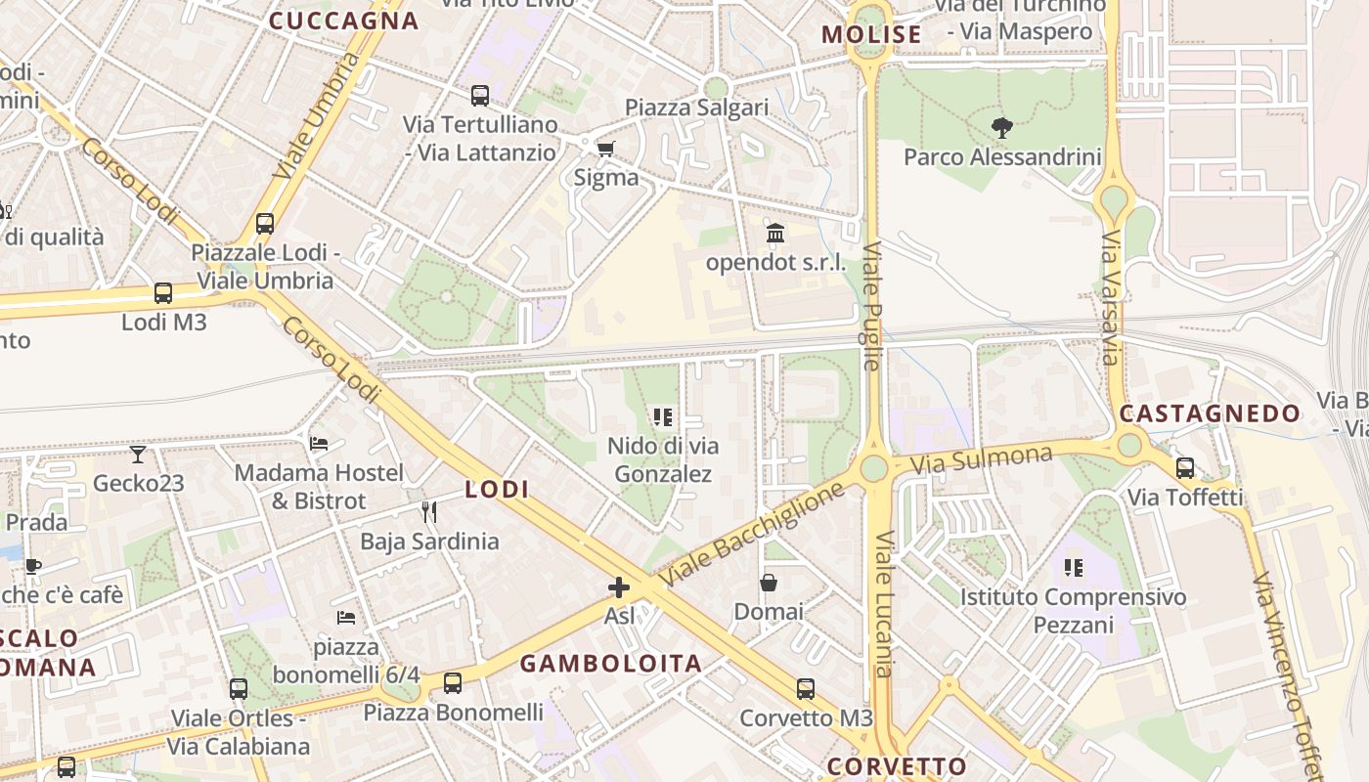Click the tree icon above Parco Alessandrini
coord(1001,127)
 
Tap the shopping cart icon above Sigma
coord(605,149)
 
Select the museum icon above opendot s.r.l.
coord(775,233)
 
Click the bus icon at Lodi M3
coord(163,292)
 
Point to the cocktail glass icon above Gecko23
coord(138,454)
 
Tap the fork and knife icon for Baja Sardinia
coord(428,511)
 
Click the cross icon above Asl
coord(619,586)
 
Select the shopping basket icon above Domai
coord(769,583)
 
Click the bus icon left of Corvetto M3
coord(805,688)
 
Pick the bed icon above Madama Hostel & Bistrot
coord(319,443)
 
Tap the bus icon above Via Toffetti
coord(1185,467)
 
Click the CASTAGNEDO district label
coord(1210,413)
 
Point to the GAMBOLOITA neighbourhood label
coord(610,664)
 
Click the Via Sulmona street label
coord(982,458)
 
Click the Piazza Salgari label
coord(697,108)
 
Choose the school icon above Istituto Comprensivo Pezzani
coord(1073,567)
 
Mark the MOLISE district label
coord(871,35)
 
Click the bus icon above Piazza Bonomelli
coord(452,683)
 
